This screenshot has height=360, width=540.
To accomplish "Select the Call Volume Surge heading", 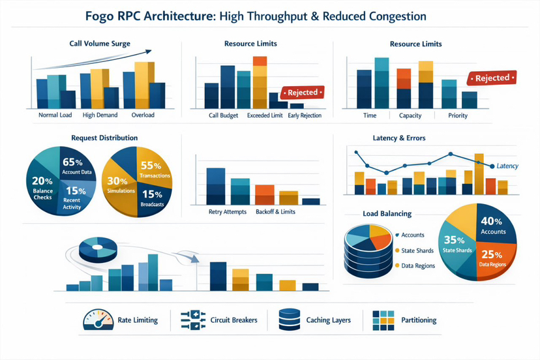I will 100,44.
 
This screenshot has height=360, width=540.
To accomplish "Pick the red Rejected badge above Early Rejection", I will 299,93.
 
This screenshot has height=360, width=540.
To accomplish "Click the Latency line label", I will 507,166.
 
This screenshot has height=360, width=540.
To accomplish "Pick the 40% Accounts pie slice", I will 492,225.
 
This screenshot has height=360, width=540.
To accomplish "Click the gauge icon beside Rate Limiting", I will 95,320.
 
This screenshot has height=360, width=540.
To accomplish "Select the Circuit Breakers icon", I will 193,320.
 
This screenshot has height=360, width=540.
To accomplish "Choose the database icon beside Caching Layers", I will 288,320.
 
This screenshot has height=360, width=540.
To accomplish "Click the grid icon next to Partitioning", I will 383,320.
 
